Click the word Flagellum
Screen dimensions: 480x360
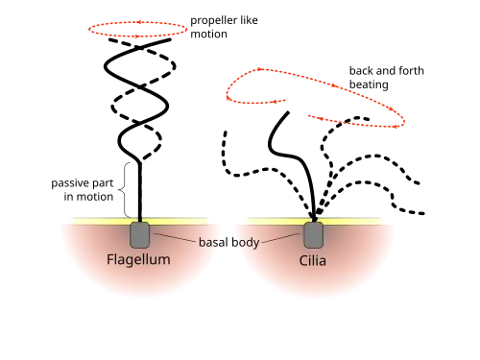[x=138, y=259]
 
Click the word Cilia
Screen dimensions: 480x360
[x=313, y=260]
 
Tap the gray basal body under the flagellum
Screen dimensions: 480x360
[x=139, y=235]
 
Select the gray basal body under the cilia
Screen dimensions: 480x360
[x=313, y=235]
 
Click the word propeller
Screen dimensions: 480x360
[x=213, y=21]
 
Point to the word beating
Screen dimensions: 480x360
[x=369, y=84]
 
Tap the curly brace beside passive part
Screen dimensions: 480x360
[x=125, y=190]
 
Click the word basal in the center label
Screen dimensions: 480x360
[x=213, y=242]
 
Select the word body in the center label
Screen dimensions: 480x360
[x=246, y=243]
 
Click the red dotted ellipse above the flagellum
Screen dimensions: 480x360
[x=137, y=22]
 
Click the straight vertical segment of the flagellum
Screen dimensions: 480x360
[x=139, y=192]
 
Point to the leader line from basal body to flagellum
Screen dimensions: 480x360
[x=175, y=238]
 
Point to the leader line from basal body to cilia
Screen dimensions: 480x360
[x=280, y=238]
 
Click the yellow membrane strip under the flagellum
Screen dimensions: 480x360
[x=140, y=221]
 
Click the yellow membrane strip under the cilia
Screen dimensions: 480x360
[x=314, y=221]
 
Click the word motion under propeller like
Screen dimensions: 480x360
[x=208, y=34]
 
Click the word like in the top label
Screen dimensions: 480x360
[x=249, y=20]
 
